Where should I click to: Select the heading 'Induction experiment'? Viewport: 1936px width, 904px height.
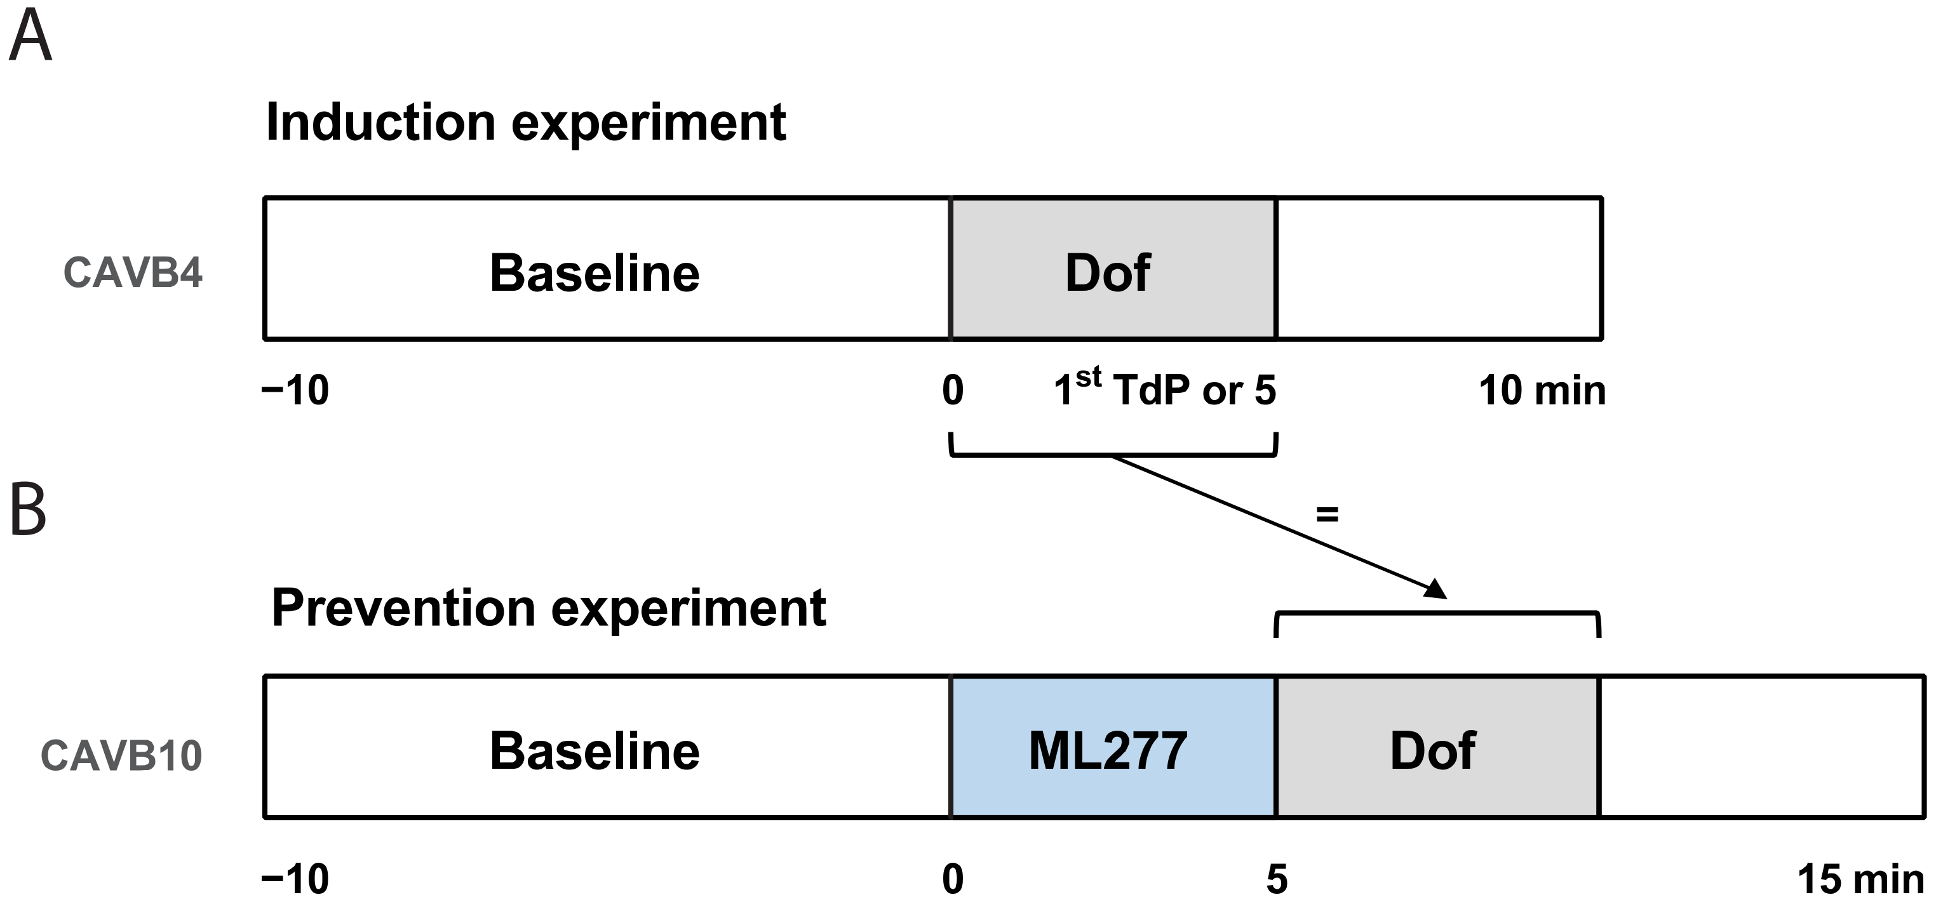tap(525, 123)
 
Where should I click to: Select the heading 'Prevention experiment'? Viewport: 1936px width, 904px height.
tap(548, 608)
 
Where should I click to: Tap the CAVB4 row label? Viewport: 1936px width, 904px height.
tap(133, 272)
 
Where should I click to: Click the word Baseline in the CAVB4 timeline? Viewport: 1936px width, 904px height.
tap(595, 272)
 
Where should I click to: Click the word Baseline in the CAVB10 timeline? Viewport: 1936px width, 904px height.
tap(595, 751)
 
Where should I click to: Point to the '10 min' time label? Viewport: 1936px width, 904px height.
tap(1542, 391)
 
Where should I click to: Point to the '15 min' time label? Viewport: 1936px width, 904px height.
tap(1859, 879)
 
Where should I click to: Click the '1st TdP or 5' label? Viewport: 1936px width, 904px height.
tap(1164, 389)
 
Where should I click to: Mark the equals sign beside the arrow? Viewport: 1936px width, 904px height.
tap(1328, 515)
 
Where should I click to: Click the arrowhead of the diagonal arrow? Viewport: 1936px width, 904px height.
tap(1437, 590)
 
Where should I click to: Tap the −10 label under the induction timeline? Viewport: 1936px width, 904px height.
tap(295, 391)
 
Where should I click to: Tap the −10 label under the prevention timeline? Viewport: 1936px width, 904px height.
tap(295, 879)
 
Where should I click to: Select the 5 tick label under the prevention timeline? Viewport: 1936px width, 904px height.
tap(1277, 879)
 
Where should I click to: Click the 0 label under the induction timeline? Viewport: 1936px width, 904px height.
tap(952, 391)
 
